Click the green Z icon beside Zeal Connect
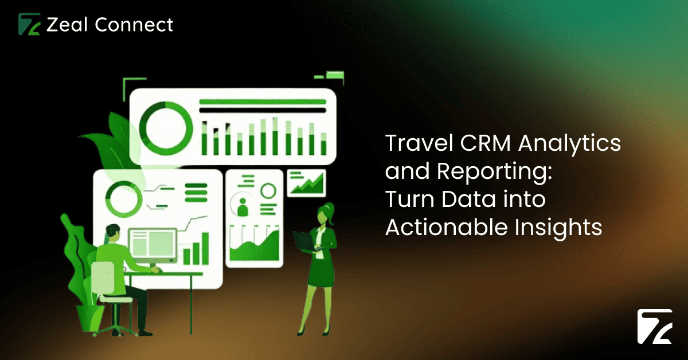[x=29, y=25]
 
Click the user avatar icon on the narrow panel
[x=243, y=205]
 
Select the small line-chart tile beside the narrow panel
[x=306, y=183]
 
